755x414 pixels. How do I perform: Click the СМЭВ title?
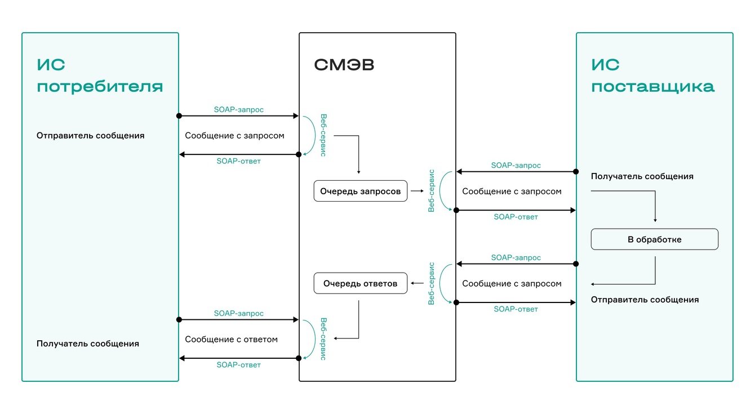[344, 65]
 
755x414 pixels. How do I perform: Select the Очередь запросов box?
[360, 192]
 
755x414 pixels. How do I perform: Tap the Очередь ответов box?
[360, 283]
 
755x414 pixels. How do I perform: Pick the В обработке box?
[654, 239]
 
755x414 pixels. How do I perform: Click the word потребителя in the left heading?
[100, 87]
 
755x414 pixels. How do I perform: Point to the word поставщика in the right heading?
[652, 87]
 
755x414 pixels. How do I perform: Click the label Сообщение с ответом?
[231, 340]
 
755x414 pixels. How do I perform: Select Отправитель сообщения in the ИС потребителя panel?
[90, 136]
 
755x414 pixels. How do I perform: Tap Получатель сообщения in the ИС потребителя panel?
[87, 344]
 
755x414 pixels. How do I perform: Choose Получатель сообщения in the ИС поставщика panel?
[642, 176]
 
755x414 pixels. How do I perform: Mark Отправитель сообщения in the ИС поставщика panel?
[645, 300]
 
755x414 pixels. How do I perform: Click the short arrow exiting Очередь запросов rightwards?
[417, 192]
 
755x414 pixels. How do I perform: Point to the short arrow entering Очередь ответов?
[418, 283]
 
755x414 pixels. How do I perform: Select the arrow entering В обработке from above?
[655, 206]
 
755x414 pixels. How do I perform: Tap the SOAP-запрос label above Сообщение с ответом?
[238, 313]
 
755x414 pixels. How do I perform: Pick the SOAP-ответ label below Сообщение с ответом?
[238, 365]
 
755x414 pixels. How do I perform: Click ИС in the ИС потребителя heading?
[51, 65]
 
